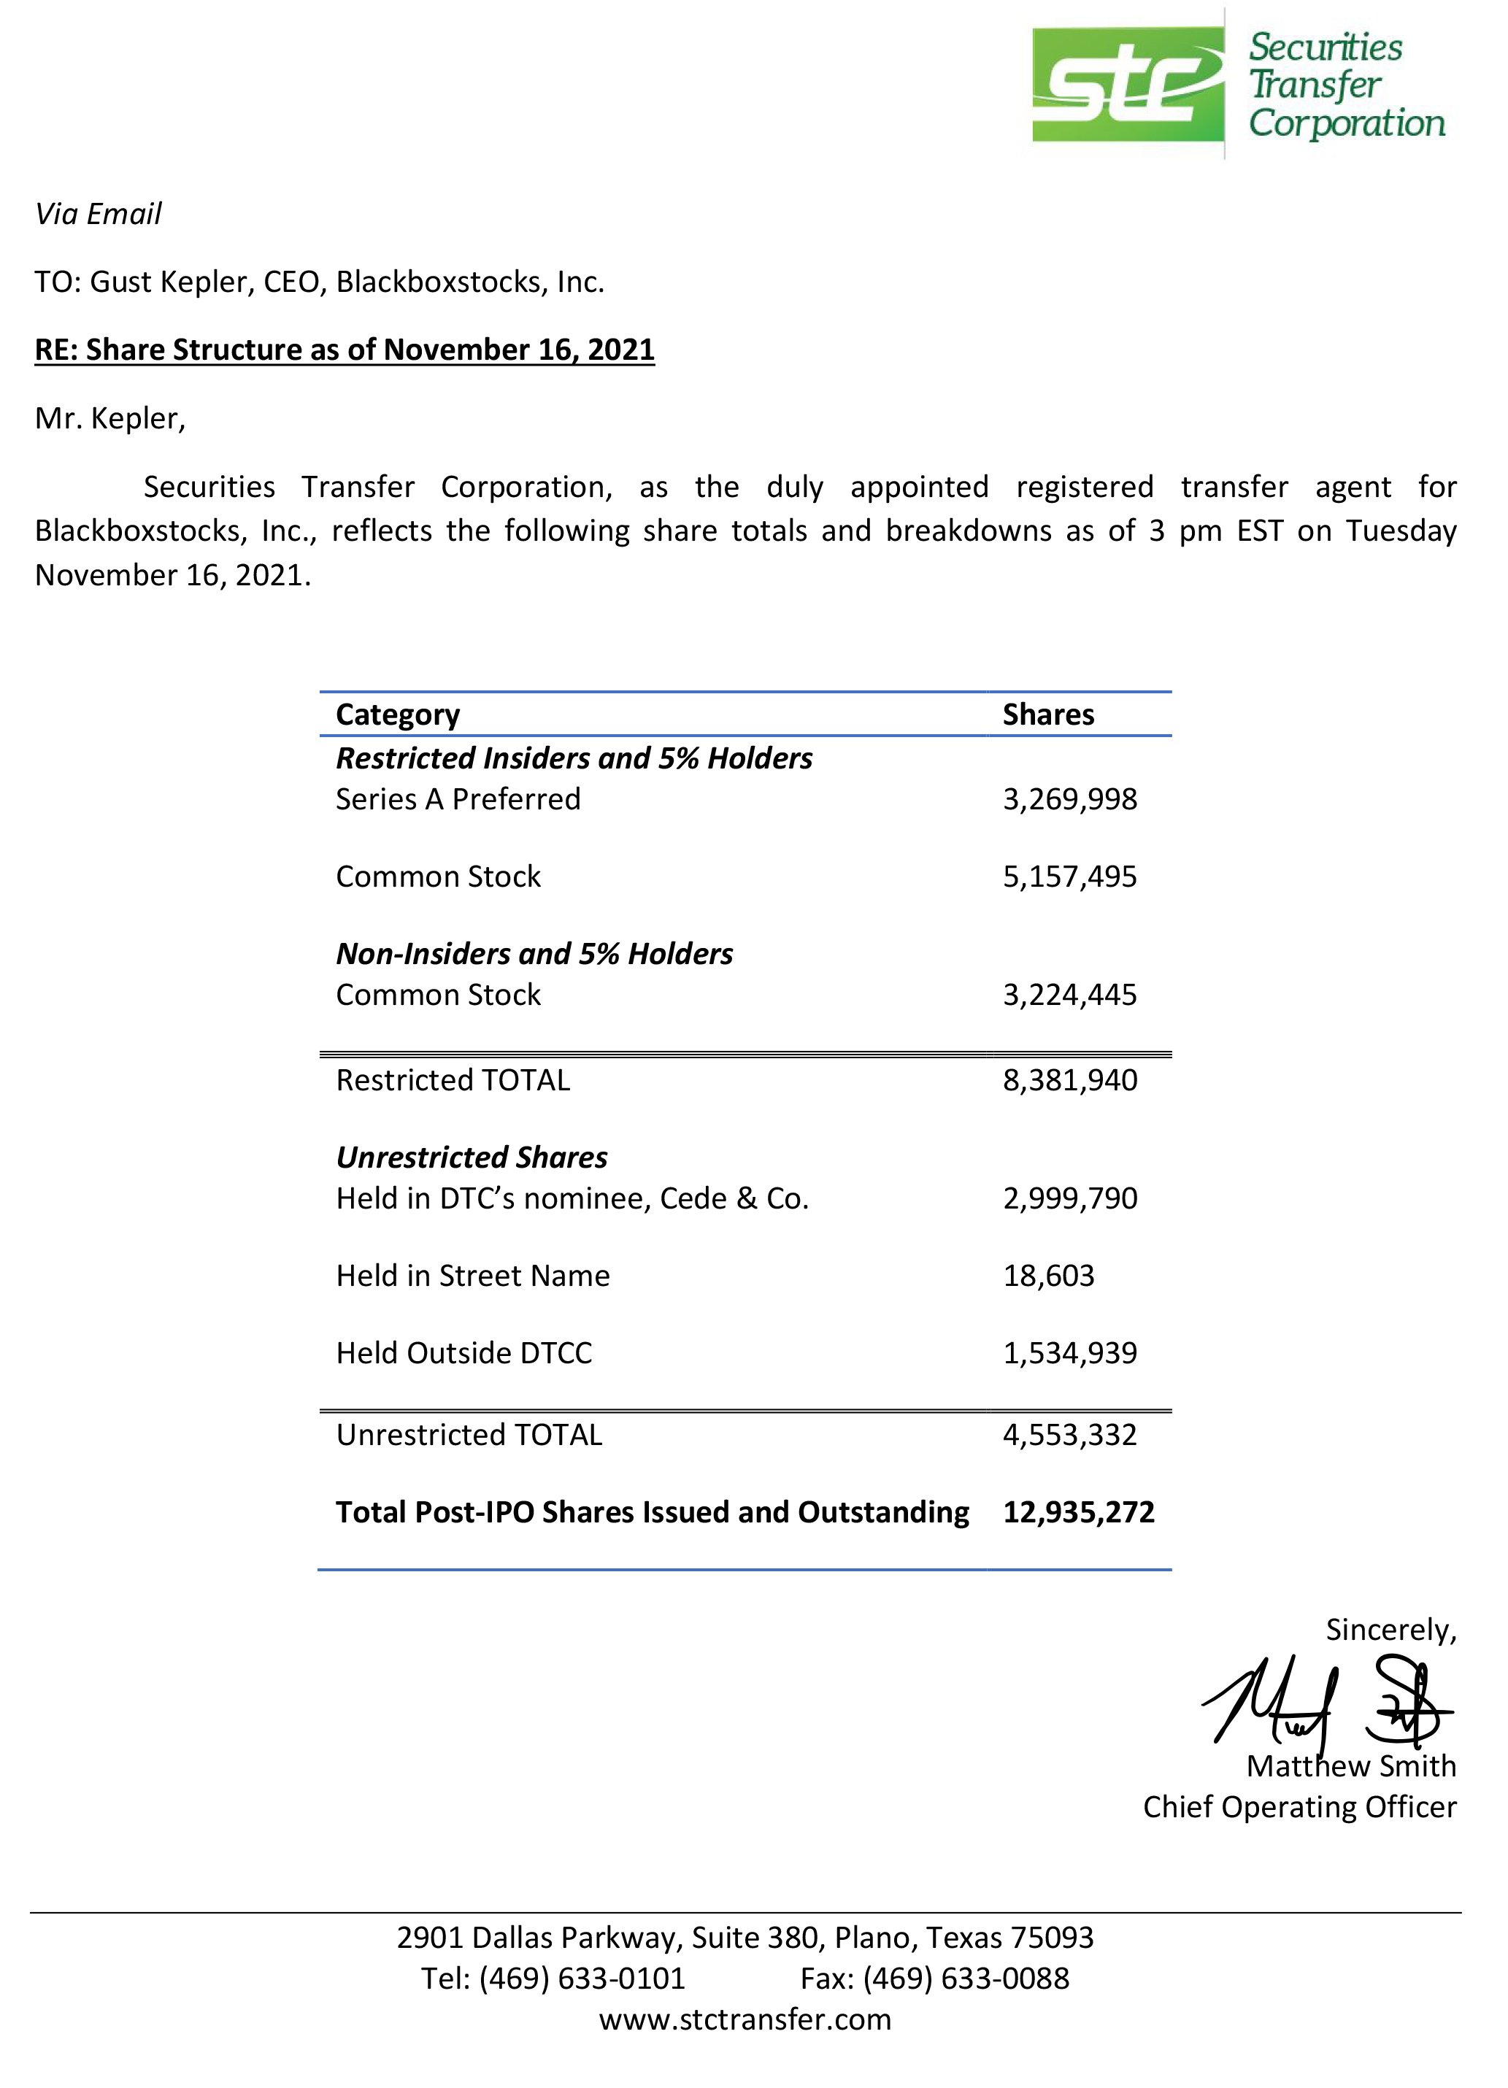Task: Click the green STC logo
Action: click(x=1127, y=84)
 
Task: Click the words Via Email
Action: click(x=98, y=215)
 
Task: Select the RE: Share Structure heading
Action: click(x=345, y=350)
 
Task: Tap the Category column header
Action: click(x=397, y=714)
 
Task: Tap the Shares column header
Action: click(x=1047, y=714)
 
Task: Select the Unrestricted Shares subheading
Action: click(x=472, y=1157)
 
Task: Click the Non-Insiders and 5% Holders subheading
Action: click(x=534, y=954)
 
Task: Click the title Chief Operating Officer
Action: click(x=1299, y=1807)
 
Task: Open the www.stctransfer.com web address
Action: click(x=745, y=2020)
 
